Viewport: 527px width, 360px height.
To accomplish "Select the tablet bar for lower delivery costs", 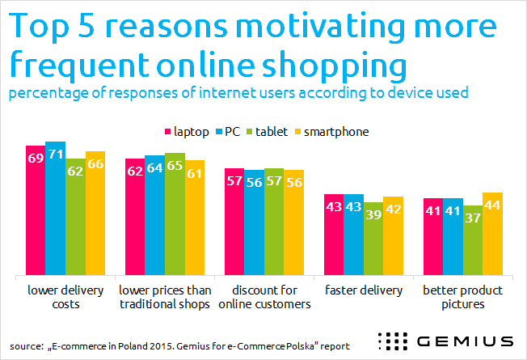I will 75,216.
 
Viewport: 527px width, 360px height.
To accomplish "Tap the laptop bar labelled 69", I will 35,210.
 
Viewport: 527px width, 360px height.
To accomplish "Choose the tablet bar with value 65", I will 175,214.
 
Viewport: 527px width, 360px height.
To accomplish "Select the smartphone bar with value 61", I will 195,217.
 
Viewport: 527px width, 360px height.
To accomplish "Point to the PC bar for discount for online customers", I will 255,222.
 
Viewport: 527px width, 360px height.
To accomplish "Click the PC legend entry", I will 219,131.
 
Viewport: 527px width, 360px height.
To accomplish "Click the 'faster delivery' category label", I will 363,290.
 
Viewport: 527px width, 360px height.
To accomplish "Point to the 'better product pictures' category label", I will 462,297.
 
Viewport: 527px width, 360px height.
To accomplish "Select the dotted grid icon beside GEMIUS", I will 394,340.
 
